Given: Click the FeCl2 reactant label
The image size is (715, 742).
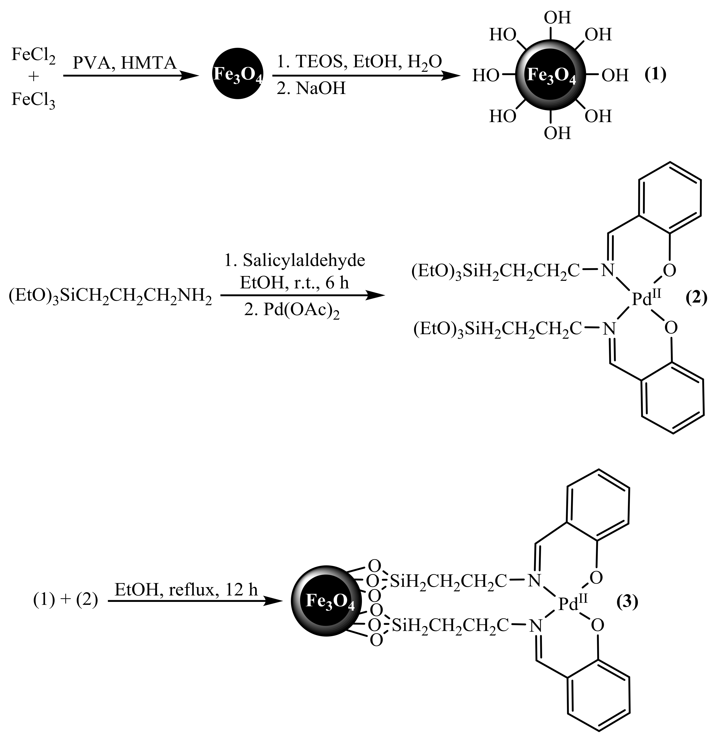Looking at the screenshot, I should tap(33, 55).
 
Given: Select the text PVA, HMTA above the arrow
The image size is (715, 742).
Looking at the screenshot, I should tap(125, 63).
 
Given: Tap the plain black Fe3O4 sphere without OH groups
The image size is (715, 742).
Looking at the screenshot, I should tap(237, 74).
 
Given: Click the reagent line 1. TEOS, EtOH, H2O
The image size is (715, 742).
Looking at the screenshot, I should tap(359, 62).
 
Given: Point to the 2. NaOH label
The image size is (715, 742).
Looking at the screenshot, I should tap(311, 89).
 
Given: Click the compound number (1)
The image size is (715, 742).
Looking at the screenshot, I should tap(655, 74).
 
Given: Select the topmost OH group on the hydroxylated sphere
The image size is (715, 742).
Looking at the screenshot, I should tap(557, 18).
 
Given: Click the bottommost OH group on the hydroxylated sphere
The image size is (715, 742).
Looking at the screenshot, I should tap(557, 133).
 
